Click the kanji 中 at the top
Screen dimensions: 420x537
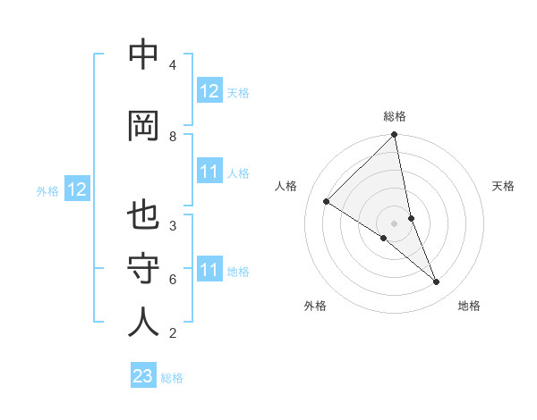coord(143,56)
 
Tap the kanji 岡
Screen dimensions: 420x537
coord(143,126)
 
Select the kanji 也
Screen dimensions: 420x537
coord(143,218)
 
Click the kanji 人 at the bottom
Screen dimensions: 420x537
coord(143,323)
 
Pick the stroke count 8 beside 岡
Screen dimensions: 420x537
coord(172,136)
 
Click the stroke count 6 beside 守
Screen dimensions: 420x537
coord(172,280)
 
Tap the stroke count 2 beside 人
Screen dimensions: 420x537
coord(172,334)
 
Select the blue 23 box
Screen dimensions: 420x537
coord(143,376)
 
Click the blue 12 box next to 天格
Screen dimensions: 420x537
coord(209,91)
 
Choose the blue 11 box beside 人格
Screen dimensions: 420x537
coord(209,172)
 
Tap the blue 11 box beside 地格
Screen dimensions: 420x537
coord(209,270)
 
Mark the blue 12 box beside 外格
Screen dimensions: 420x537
coord(77,189)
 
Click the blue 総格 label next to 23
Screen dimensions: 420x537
coord(172,378)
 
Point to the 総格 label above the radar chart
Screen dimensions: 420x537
coord(395,116)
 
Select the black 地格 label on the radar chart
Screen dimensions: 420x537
coord(469,306)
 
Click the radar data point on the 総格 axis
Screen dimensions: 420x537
coord(395,136)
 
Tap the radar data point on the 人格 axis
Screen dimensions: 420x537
coord(327,202)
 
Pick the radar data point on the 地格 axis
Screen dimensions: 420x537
coord(437,282)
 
